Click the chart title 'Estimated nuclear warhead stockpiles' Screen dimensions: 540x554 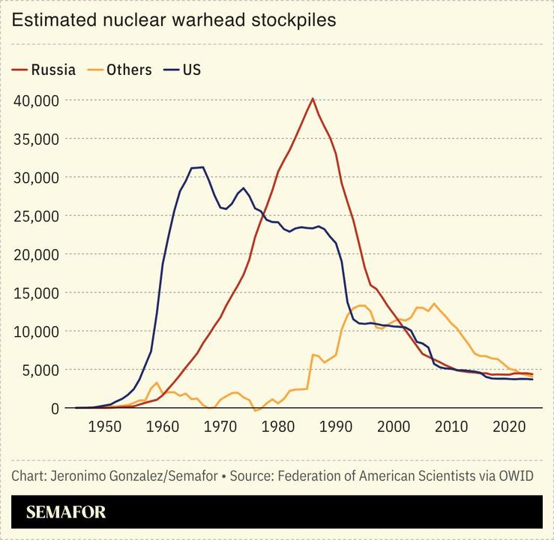click(174, 20)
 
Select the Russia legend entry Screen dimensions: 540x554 click(44, 70)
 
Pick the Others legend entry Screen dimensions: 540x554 click(120, 70)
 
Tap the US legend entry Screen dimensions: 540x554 click(183, 70)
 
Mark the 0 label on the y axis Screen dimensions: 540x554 click(54, 409)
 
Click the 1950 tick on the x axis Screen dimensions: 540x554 click(104, 427)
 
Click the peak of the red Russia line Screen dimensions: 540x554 click(313, 99)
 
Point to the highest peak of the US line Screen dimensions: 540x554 click(202, 167)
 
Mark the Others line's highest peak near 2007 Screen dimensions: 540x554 click(434, 304)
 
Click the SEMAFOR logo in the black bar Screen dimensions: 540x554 click(66, 513)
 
